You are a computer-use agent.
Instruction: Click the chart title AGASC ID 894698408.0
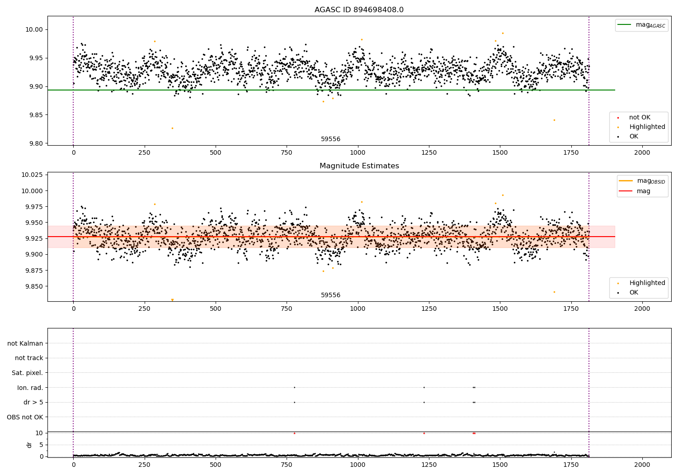tap(359, 10)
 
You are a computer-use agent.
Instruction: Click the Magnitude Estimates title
tap(359, 166)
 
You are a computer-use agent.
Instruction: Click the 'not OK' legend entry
tap(640, 118)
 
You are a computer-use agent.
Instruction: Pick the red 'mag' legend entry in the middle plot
tap(643, 191)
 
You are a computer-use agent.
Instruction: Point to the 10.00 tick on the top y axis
tap(35, 30)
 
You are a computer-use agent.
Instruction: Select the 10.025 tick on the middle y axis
tap(32, 175)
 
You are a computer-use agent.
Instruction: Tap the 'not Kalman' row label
tap(25, 343)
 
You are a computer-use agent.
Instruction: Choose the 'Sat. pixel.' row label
tap(27, 373)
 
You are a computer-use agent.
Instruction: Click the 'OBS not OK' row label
tap(25, 417)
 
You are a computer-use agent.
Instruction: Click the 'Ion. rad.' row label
tap(30, 388)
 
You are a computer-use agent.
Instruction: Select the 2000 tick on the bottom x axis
tap(642, 465)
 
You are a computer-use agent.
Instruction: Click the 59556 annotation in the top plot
tap(330, 139)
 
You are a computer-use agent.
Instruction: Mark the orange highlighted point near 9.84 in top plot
tap(554, 120)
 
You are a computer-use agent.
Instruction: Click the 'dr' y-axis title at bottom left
tap(29, 445)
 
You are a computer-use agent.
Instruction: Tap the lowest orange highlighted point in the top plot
tap(172, 128)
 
